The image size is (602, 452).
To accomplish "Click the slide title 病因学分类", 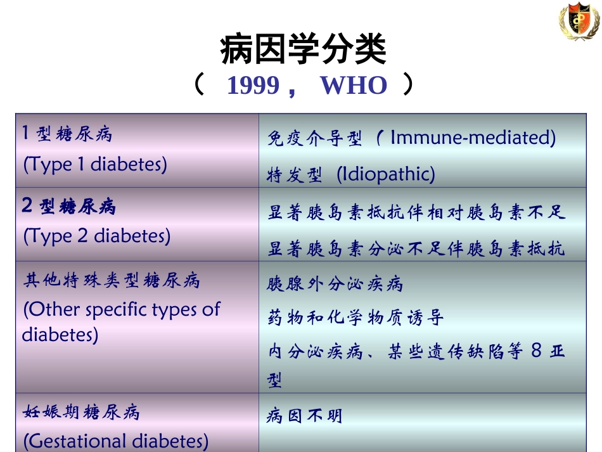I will coord(304,51).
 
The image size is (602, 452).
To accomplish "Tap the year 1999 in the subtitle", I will coord(253,86).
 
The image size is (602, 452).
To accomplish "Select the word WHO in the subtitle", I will coord(354,86).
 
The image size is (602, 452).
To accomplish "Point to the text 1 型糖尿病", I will coord(67,134).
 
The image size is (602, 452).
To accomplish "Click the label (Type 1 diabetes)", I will coord(95,164).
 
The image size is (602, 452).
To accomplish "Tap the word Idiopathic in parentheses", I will coord(386,174).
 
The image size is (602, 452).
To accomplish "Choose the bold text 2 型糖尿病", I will coord(69,207).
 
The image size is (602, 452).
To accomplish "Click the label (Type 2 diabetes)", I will coord(97,236).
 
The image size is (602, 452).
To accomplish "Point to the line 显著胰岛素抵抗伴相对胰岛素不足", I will coord(416,212).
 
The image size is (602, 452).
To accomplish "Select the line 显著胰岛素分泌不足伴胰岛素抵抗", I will coord(416,249).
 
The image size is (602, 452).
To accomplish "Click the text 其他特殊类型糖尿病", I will coord(112,280).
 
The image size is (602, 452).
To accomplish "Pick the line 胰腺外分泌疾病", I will coord(335,283).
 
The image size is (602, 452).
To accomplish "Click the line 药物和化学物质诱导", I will coord(355,317).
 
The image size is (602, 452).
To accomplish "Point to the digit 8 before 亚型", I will coord(536,351).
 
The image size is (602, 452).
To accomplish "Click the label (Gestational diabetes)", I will coord(116,441).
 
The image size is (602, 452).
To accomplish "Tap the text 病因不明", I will coord(304,416).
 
